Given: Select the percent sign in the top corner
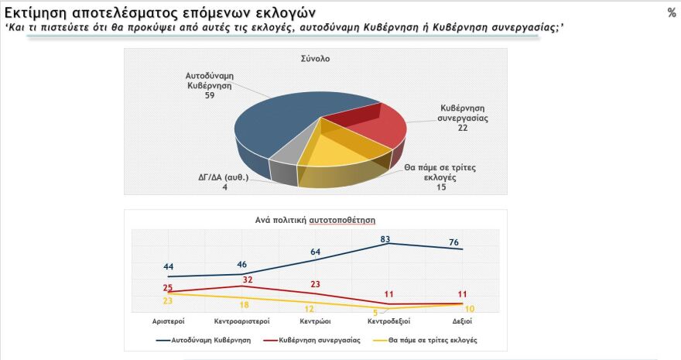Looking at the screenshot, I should pyautogui.click(x=670, y=12).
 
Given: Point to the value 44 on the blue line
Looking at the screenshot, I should pyautogui.click(x=168, y=266).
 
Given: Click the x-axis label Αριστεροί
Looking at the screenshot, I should pyautogui.click(x=168, y=321).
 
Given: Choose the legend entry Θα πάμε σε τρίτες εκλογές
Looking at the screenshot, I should pyautogui.click(x=430, y=339).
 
